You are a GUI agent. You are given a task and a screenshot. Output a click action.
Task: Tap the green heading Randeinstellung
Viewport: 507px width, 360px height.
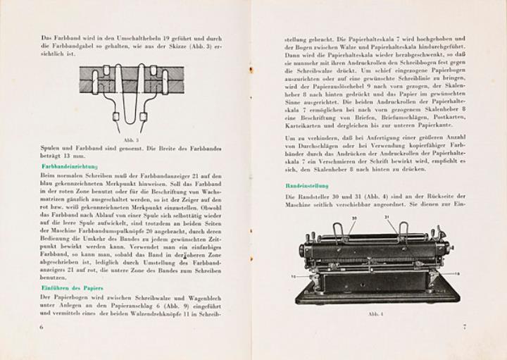[x=303, y=186]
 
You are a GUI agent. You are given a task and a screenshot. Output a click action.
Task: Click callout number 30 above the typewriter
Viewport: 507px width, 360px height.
[x=354, y=218]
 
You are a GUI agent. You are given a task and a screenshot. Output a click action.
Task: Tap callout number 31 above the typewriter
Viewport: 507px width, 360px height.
[x=387, y=218]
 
